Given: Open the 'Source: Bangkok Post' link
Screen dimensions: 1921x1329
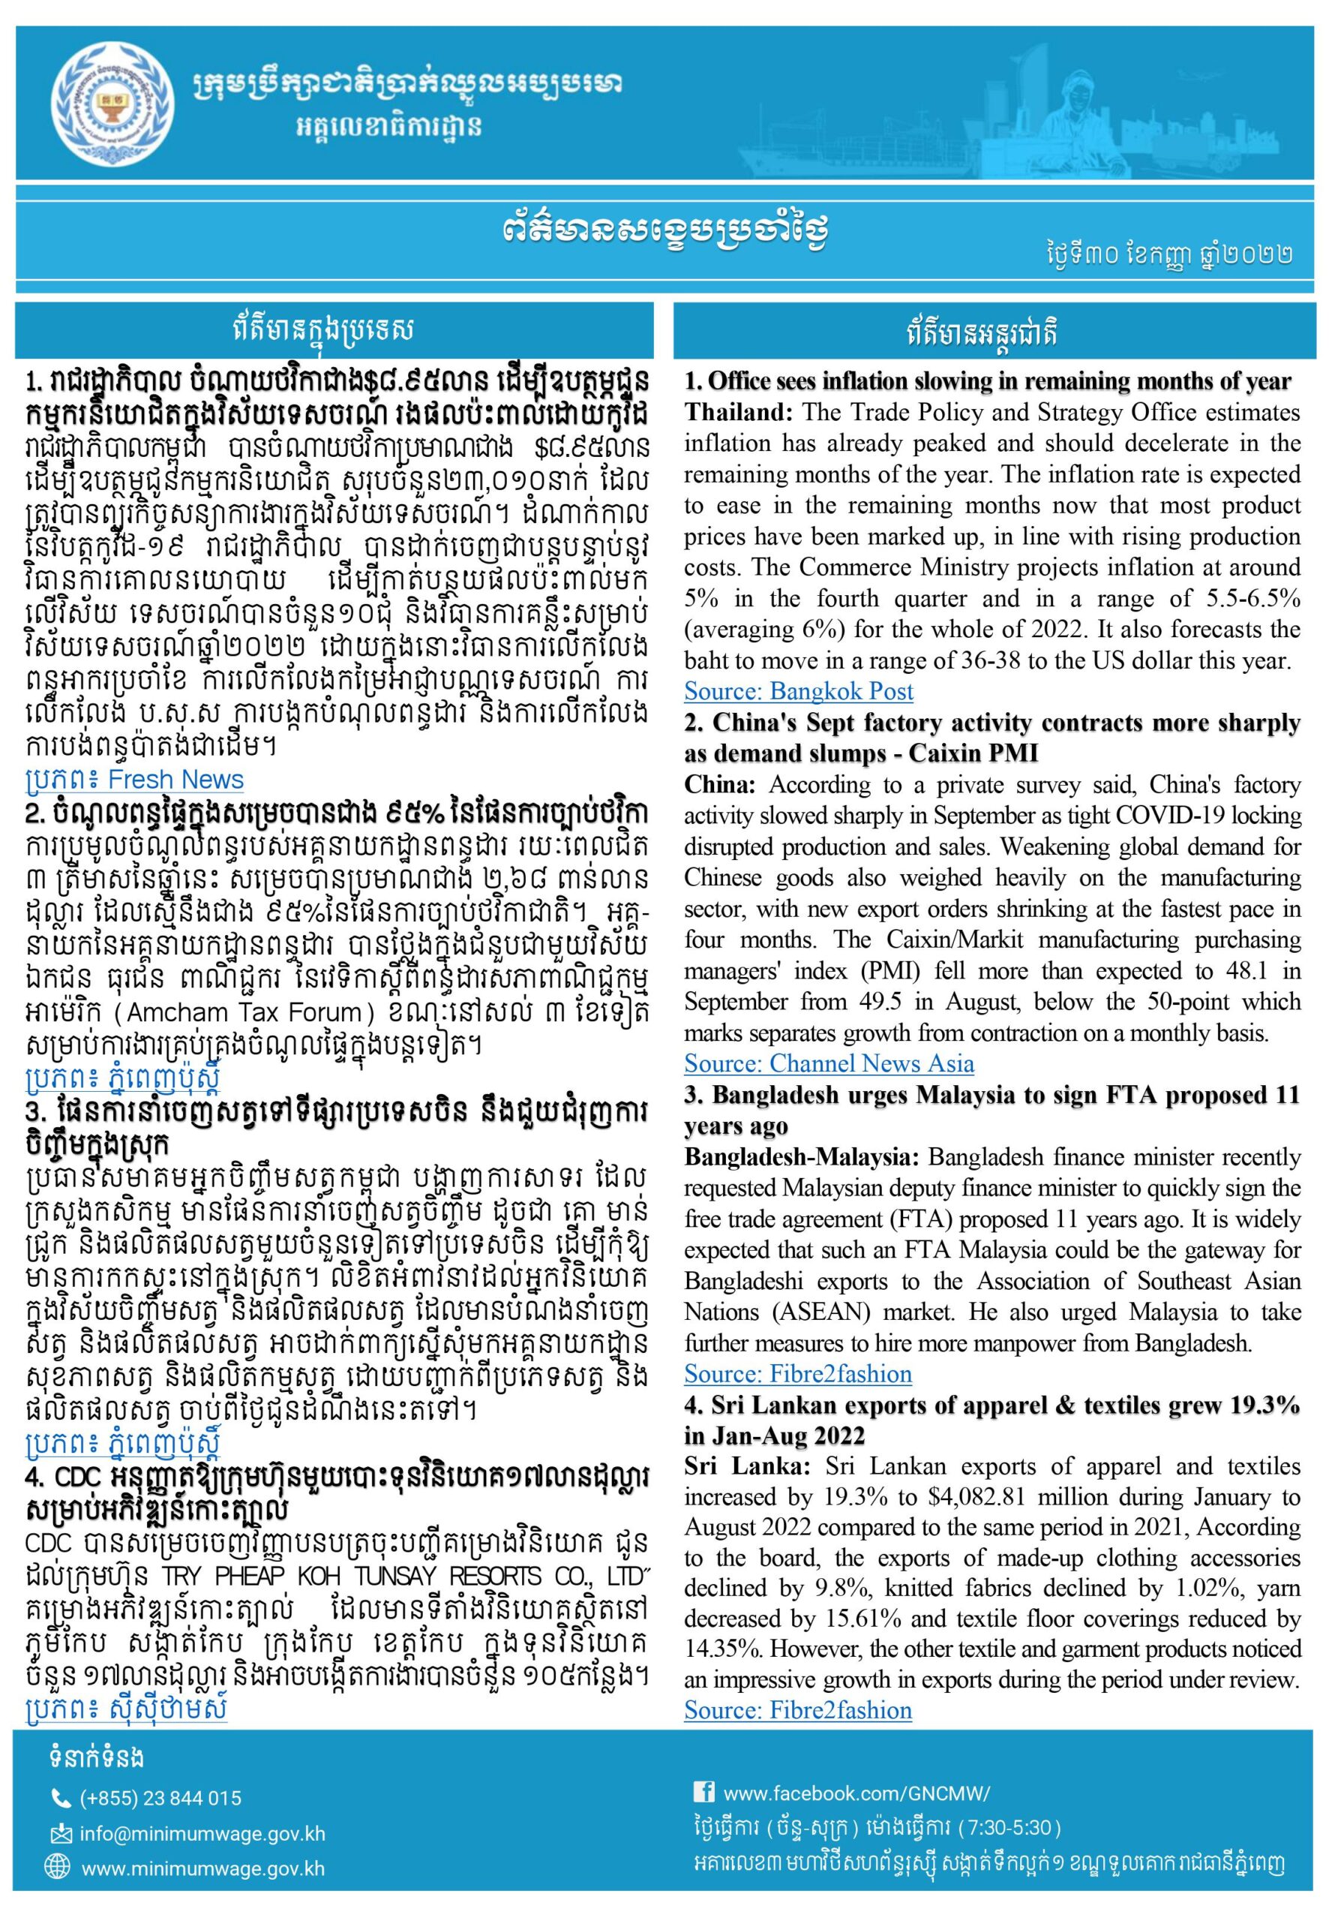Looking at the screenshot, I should (798, 690).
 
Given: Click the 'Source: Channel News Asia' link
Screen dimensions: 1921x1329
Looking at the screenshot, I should (829, 1064).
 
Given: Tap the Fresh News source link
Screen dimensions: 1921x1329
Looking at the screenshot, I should (134, 780).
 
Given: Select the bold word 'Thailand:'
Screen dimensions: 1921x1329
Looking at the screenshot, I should (734, 413).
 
